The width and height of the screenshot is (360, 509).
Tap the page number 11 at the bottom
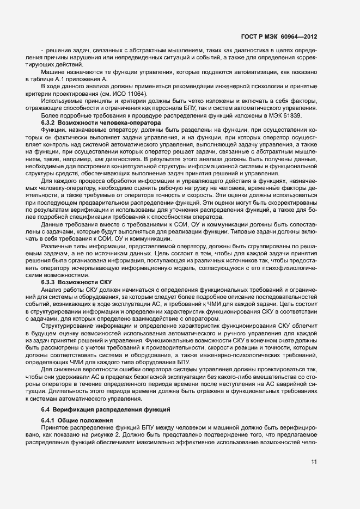coord(314,462)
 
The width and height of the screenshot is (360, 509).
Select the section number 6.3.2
coord(50,124)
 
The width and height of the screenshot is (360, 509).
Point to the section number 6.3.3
coord(50,283)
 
